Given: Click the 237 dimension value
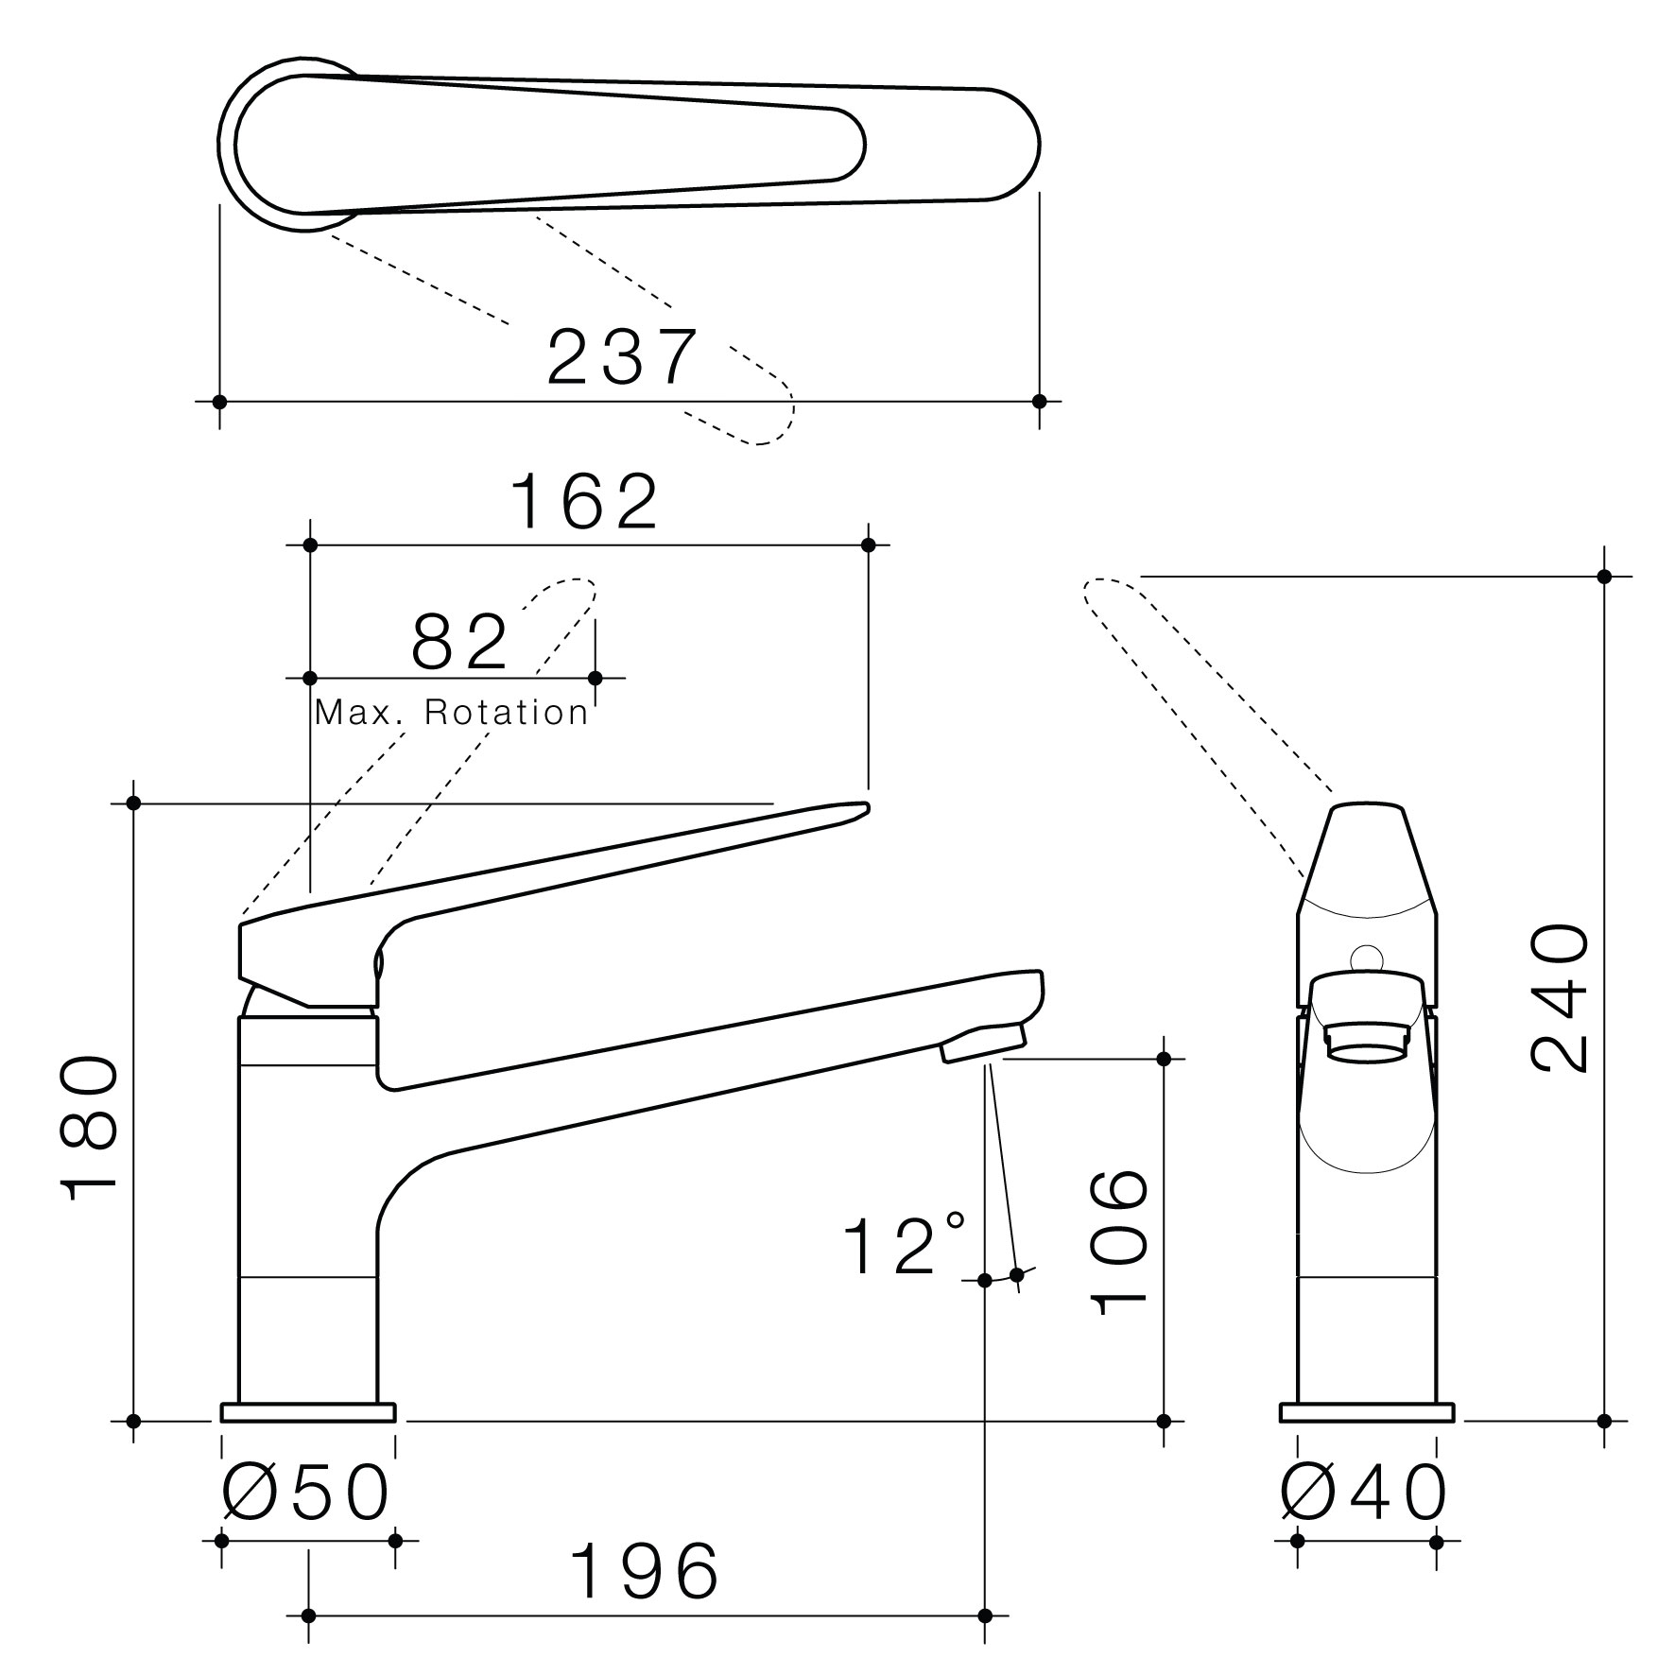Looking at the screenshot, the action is pyautogui.click(x=622, y=357).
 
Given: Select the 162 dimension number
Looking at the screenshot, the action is pyautogui.click(x=584, y=502).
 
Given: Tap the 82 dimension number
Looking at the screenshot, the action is pyautogui.click(x=460, y=641).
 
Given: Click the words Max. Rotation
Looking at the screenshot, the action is pyautogui.click(x=452, y=713).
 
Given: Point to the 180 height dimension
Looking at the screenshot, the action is pyautogui.click(x=92, y=1128).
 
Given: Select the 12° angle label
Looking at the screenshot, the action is pyautogui.click(x=904, y=1245).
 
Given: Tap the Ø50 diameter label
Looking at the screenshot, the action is pyautogui.click(x=305, y=1494).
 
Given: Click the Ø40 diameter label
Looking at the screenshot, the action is pyautogui.click(x=1364, y=1494).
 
